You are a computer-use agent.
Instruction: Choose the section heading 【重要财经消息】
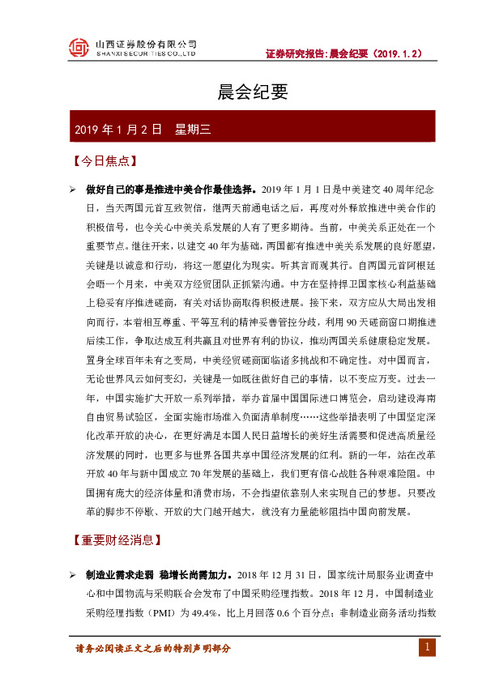[x=116, y=539]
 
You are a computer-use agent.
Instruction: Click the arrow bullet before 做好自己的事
[x=73, y=190]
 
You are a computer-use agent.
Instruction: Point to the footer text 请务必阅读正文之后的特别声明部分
[x=153, y=649]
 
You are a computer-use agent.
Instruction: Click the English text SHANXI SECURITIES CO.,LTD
[x=146, y=54]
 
